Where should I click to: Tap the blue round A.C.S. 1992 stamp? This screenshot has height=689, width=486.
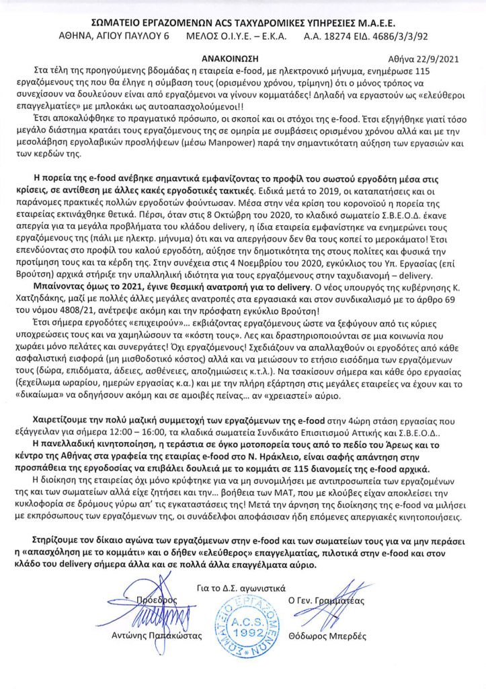pos(243,629)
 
